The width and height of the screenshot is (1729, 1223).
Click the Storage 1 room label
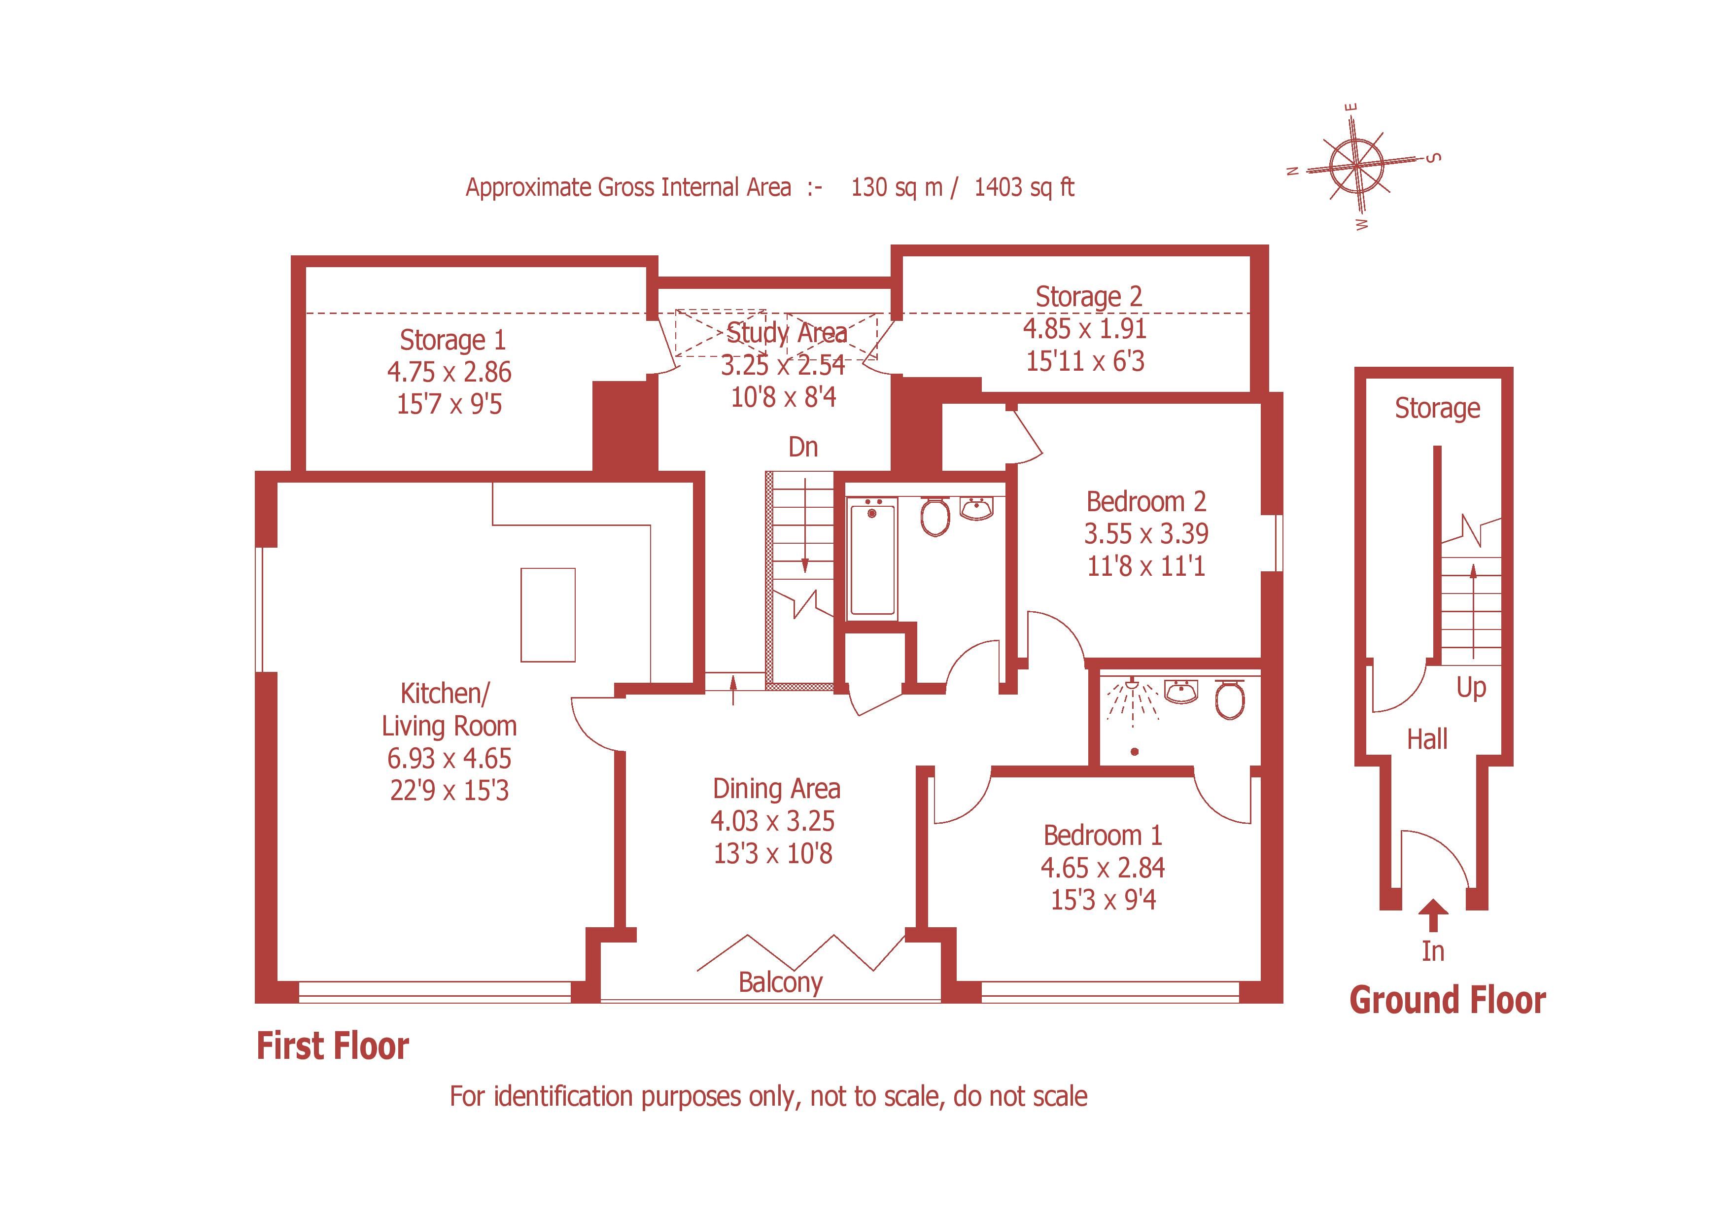(452, 341)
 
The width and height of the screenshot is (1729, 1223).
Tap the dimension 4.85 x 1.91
(1084, 329)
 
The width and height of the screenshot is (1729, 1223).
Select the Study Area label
(786, 333)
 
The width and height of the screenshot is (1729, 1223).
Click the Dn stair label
(803, 447)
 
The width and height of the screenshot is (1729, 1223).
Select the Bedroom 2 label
(1145, 501)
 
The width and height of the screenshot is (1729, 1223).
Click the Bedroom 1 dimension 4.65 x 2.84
(1103, 868)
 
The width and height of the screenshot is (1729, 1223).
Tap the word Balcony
(780, 983)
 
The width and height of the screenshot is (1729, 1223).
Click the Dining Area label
(776, 789)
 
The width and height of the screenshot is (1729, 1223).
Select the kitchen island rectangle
(548, 615)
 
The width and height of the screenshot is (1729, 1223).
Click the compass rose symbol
(1356, 166)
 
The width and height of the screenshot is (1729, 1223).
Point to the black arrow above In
(1433, 916)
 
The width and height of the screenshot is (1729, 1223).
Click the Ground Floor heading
(1447, 1001)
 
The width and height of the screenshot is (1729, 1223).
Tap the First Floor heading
(332, 1046)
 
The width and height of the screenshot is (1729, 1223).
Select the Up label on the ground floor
(1471, 687)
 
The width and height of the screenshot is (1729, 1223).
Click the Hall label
(1427, 739)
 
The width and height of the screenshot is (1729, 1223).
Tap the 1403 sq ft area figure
(1024, 187)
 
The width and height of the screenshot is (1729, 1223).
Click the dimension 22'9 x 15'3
(449, 791)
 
